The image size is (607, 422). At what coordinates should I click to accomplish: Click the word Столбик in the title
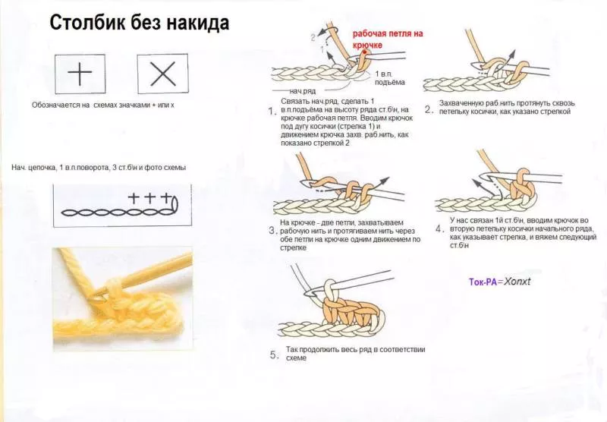pyautogui.click(x=87, y=23)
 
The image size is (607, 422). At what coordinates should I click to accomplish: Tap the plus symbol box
pyautogui.click(x=80, y=74)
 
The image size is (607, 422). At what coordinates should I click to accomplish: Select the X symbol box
pyautogui.click(x=162, y=74)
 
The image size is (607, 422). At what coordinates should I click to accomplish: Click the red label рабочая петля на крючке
pyautogui.click(x=388, y=39)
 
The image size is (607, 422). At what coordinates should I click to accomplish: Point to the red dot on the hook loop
pyautogui.click(x=364, y=52)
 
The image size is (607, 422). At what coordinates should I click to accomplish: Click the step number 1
pyautogui.click(x=272, y=112)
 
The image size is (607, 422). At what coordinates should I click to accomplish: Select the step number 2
pyautogui.click(x=428, y=109)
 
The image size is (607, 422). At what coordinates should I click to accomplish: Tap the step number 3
pyautogui.click(x=272, y=231)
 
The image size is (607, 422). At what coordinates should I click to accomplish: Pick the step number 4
pyautogui.click(x=439, y=228)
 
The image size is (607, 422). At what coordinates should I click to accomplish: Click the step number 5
pyautogui.click(x=274, y=355)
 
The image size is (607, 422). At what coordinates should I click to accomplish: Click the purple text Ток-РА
pyautogui.click(x=483, y=282)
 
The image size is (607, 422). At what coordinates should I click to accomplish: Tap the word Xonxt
pyautogui.click(x=517, y=282)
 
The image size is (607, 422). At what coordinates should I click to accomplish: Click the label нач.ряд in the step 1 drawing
pyautogui.click(x=302, y=91)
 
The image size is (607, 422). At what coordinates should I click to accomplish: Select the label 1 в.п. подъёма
pyautogui.click(x=389, y=78)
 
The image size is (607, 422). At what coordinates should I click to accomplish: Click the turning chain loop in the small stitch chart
pyautogui.click(x=175, y=205)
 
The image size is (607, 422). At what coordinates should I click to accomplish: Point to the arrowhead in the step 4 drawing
pyautogui.click(x=475, y=181)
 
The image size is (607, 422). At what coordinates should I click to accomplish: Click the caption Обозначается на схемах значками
pyautogui.click(x=103, y=105)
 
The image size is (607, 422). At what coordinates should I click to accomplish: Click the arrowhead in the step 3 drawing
pyautogui.click(x=385, y=181)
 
